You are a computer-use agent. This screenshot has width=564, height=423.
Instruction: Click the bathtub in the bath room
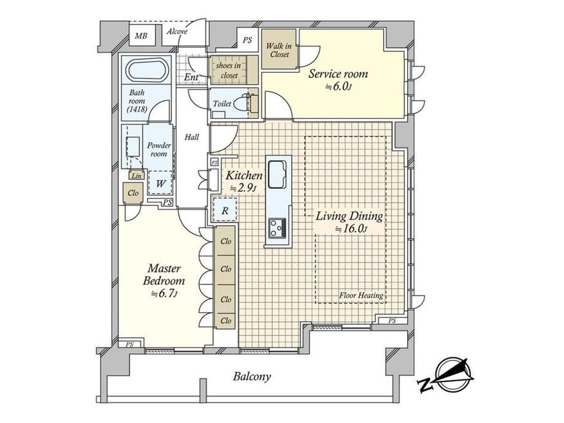(148, 69)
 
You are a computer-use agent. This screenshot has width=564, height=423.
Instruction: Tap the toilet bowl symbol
(240, 104)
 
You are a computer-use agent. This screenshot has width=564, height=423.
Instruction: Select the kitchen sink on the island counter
(277, 175)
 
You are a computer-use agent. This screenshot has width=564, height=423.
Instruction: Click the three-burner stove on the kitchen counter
(278, 227)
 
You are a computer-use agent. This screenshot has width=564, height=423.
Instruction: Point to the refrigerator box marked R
(225, 210)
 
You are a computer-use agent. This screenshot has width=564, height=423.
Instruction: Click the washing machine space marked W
(161, 183)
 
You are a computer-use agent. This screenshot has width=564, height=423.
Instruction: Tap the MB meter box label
(141, 36)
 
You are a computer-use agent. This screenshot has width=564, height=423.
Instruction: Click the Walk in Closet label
(279, 50)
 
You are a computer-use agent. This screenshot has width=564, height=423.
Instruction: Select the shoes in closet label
(229, 70)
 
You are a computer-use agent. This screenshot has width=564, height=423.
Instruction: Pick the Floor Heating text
(361, 295)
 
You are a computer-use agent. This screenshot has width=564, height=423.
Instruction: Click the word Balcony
(252, 376)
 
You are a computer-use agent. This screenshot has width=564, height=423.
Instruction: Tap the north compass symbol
(447, 375)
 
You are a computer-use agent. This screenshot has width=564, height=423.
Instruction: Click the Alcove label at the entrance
(177, 32)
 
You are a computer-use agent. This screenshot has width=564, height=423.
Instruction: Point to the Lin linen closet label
(136, 176)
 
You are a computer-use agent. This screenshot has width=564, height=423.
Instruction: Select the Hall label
(192, 137)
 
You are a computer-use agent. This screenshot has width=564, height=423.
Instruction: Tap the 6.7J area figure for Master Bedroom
(164, 294)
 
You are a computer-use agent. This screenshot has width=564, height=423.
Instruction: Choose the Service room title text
(338, 74)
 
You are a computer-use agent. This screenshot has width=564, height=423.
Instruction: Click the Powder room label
(159, 150)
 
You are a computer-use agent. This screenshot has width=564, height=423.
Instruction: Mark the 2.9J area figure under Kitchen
(243, 188)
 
